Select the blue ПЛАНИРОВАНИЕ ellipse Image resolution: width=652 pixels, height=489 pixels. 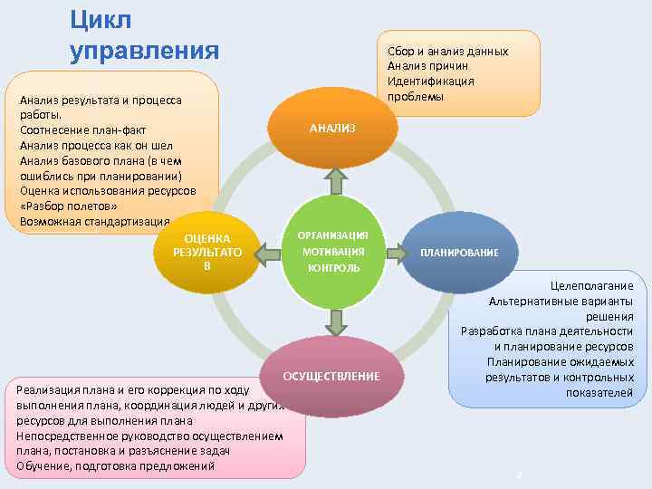458,252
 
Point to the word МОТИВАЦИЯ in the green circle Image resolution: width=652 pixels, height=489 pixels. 334,252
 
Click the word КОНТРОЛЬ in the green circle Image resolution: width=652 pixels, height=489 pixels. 334,268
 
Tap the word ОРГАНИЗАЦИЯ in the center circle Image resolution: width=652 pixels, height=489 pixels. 334,235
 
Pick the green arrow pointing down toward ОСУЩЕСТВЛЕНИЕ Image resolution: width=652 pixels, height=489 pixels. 334,321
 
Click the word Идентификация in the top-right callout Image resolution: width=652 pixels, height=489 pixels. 430,81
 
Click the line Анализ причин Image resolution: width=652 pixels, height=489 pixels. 427,66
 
